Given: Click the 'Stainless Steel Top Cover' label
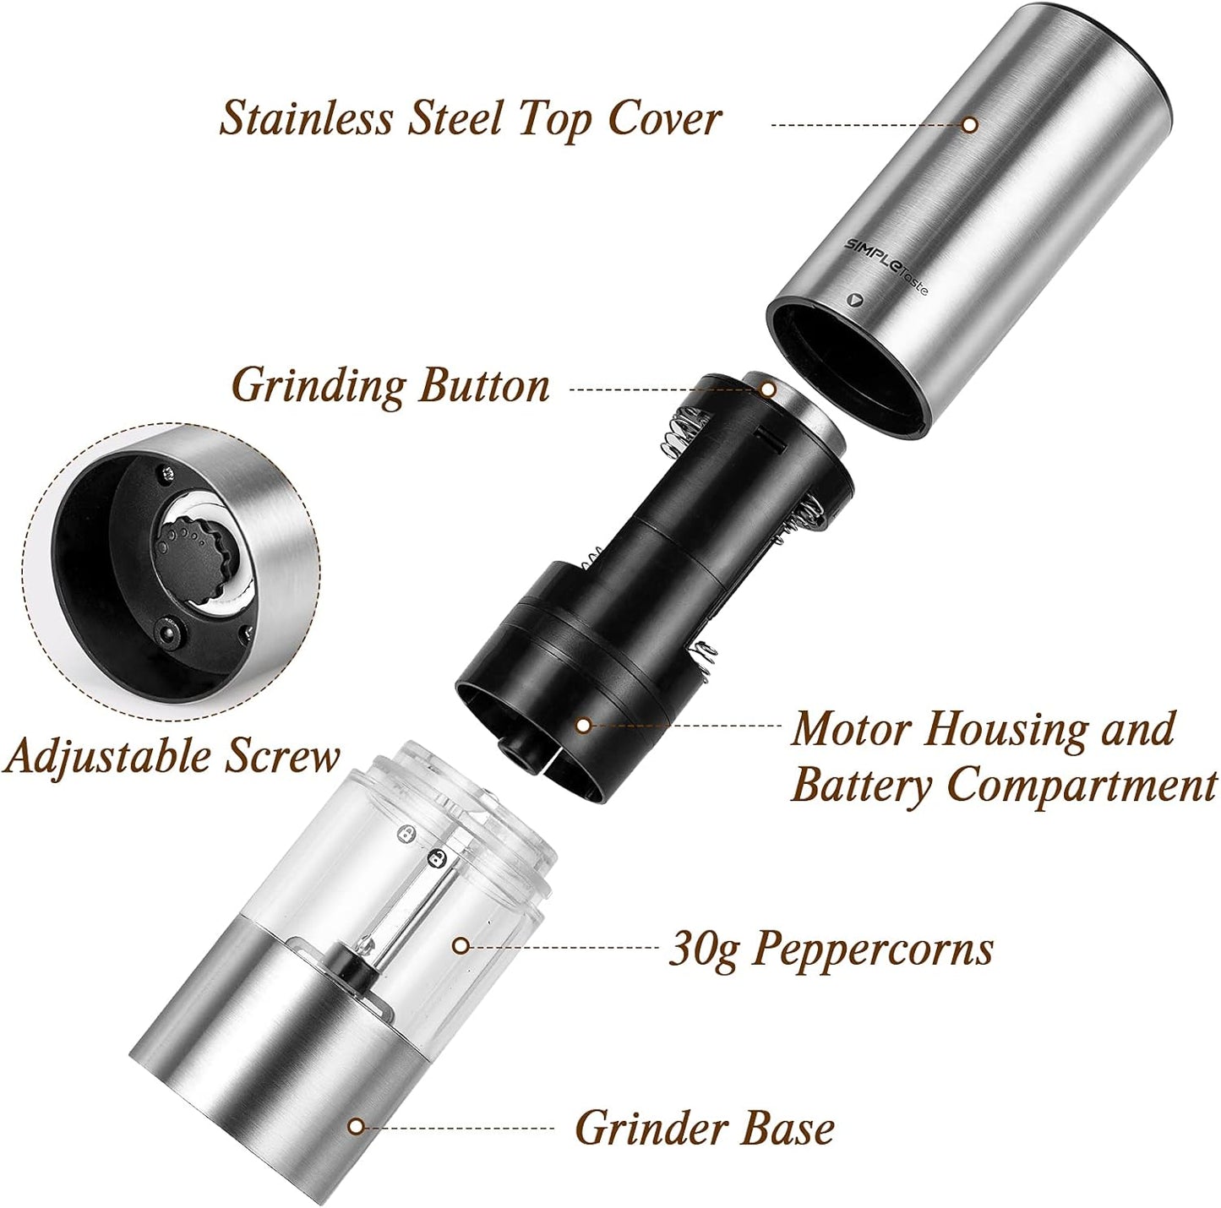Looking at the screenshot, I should [470, 119].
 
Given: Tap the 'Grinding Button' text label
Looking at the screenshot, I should [390, 387].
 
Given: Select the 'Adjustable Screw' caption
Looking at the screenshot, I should [172, 756].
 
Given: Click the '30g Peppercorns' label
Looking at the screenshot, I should [831, 949].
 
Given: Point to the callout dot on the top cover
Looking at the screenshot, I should [970, 125].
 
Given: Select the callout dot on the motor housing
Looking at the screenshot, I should [582, 724].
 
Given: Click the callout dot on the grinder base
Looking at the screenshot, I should [357, 1126].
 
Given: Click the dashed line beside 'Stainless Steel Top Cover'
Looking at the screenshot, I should [866, 125].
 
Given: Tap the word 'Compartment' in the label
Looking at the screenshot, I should [1082, 786].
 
